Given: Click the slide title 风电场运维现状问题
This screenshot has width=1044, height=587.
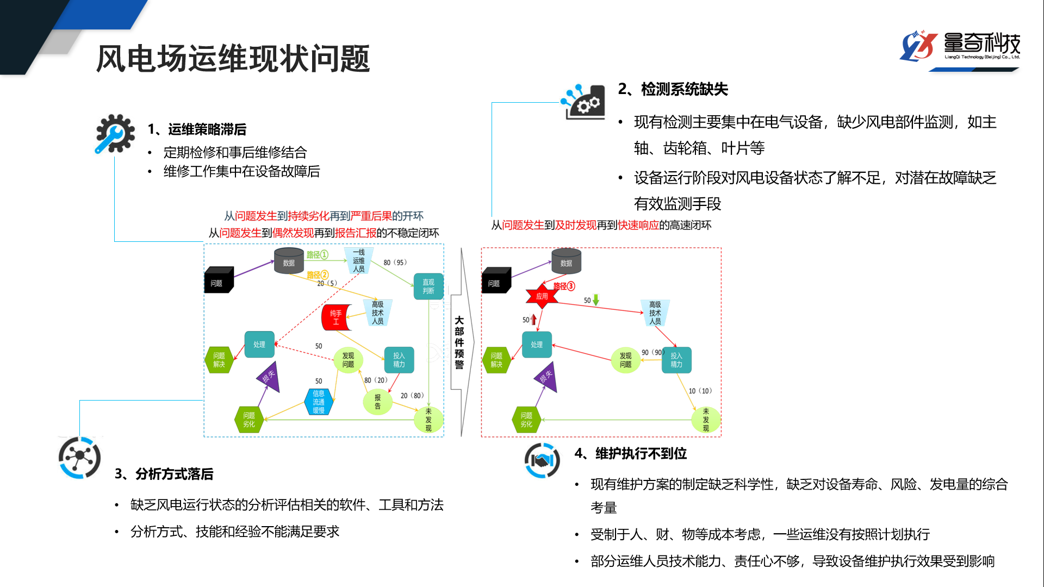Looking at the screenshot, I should pos(233,59).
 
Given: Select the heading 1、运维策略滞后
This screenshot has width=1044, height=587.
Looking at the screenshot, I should pos(197,129).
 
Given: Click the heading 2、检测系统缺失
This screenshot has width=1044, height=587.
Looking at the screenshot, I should pos(673,89).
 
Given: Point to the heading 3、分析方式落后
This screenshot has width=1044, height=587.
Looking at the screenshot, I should pos(164,474).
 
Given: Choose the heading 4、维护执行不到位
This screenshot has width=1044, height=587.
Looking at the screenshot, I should pos(631,453).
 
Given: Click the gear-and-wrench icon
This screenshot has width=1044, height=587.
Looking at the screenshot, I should pos(115,133).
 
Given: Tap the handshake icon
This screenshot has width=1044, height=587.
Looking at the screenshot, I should pos(542,460).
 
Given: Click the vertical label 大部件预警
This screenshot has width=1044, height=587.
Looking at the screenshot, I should pos(459,342).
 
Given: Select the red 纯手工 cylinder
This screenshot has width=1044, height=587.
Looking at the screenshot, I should pos(335,318).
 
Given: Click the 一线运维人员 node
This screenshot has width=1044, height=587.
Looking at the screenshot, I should pos(359,261).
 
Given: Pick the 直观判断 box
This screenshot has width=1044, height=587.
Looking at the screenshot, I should pos(428,286).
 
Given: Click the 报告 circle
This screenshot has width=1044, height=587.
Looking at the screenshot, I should pos(377,402).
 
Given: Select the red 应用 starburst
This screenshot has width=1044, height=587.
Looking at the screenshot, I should pos(542,296).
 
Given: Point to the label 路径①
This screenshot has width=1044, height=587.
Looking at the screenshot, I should pos(317,254).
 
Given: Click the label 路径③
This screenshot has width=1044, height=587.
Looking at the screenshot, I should pos(564,286).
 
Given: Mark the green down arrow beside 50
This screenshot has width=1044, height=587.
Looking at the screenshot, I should pos(596,299).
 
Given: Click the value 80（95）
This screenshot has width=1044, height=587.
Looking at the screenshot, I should pos(395,263).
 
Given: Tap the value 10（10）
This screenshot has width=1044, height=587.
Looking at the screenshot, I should pos(700,391).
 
